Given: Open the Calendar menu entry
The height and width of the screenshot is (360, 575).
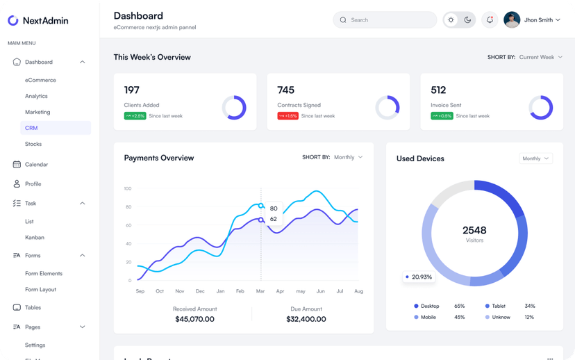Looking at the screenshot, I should coord(36,165).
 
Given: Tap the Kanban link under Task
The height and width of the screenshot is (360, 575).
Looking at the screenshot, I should coord(35,238).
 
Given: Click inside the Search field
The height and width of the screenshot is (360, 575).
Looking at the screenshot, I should coord(385,20).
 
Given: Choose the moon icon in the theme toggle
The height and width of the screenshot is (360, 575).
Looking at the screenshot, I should coord(467,20).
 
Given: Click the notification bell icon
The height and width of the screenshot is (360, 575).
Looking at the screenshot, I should coord(490,20).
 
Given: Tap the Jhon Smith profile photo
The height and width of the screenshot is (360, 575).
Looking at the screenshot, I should coord(512,20).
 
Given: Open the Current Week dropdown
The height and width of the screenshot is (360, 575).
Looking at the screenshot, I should coord(541,57).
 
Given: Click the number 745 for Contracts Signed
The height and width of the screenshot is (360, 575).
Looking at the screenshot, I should coord(285,90).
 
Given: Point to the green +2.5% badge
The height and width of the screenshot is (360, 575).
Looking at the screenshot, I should coord(135,116).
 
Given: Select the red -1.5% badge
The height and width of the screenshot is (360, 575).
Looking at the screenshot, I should coord(288,116).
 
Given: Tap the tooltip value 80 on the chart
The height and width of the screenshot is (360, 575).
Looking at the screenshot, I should coord(274,208).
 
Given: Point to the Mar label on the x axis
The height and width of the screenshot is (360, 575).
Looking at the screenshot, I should coord(260,291).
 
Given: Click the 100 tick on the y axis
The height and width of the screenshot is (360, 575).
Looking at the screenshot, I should coord(128,188).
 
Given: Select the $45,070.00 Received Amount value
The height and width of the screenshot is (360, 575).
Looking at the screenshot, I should coord(194,320).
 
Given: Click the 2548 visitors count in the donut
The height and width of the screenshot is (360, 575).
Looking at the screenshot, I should coord(474,231).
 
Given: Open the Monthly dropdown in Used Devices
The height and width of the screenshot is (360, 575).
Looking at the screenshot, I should coord(535,158).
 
